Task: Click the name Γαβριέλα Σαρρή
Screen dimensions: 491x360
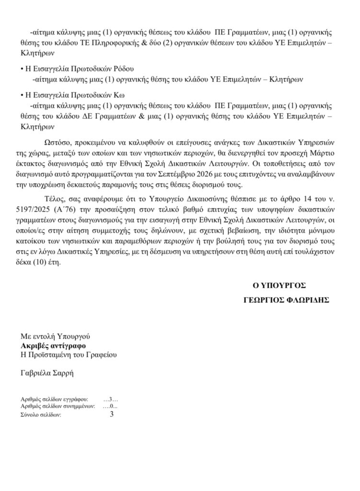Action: point(48,373)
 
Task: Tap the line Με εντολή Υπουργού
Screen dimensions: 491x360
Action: point(55,337)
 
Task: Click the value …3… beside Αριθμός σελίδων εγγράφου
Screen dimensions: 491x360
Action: point(111,399)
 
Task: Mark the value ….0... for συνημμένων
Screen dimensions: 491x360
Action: point(111,406)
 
